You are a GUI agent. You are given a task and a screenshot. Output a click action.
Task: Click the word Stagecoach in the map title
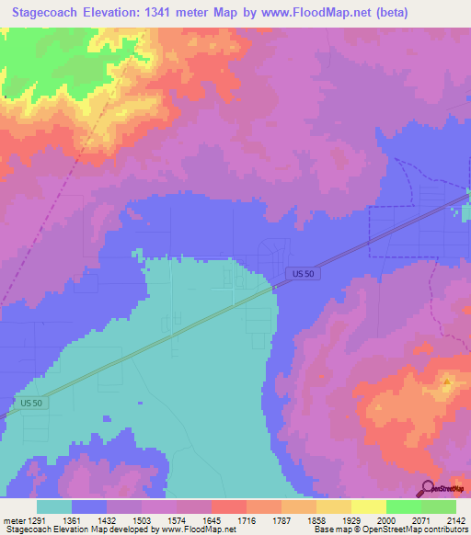52,14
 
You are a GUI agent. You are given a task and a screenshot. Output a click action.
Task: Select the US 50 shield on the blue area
301,274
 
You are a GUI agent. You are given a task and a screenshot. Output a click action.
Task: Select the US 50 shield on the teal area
31,403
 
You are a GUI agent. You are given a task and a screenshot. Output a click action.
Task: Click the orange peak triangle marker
446,380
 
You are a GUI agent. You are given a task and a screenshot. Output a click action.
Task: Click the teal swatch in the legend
54,507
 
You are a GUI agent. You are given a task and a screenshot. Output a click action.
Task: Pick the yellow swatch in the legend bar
368,507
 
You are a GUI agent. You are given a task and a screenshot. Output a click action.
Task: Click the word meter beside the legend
15,519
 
